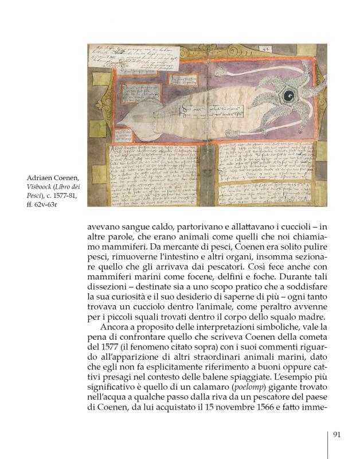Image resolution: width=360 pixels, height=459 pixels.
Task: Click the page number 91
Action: (x=337, y=434)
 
